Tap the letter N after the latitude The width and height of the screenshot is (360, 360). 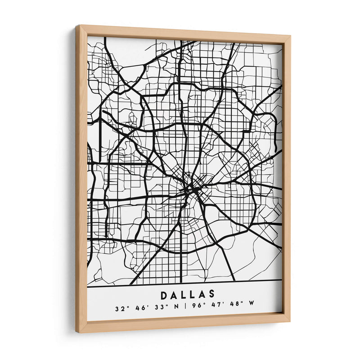175,309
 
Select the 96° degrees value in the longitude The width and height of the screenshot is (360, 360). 194,309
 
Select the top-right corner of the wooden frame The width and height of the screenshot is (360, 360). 289,36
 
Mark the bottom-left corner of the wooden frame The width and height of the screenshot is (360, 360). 77,332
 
